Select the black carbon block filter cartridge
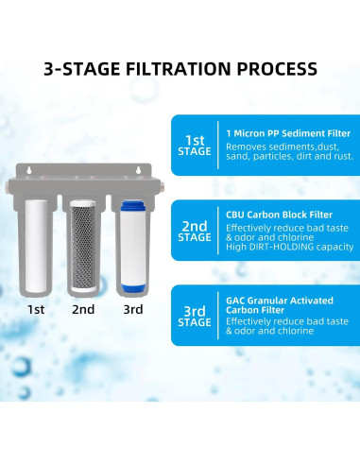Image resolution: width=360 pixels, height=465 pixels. [x=82, y=244]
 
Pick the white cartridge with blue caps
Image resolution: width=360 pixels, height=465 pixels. [x=130, y=245]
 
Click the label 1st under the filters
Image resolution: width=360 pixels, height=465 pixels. [x=36, y=309]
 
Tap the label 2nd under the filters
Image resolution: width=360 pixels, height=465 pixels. [x=82, y=309]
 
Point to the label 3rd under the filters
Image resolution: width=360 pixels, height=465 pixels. [x=131, y=309]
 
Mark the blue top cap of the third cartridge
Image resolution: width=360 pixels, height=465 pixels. [x=130, y=203]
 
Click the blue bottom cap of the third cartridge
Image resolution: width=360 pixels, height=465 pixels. [x=130, y=288]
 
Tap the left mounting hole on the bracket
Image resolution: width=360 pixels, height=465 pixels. [x=30, y=170]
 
